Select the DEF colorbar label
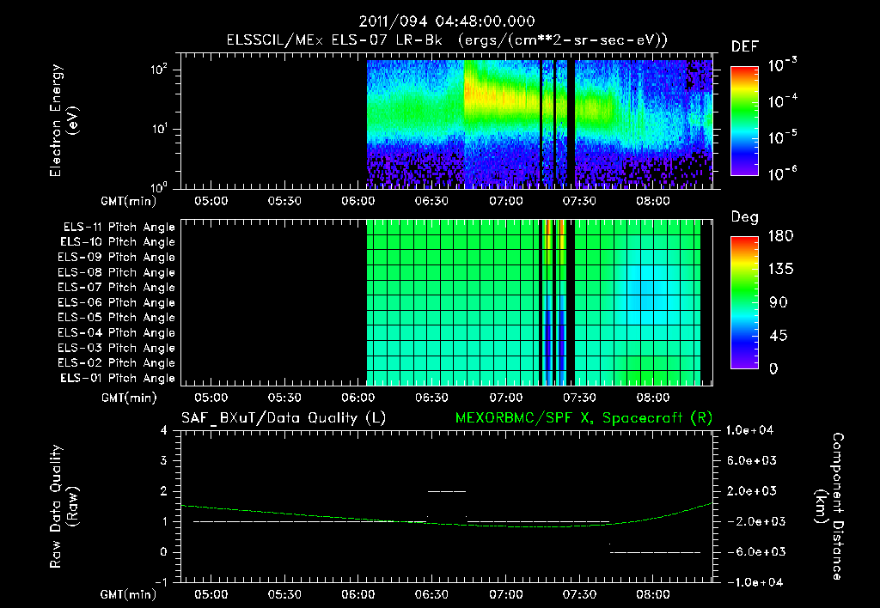click(744, 46)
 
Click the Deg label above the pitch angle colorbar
click(744, 217)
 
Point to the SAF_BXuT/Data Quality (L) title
click(283, 418)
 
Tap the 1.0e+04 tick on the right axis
click(753, 430)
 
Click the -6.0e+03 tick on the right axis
click(751, 551)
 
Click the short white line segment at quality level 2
click(446, 491)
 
